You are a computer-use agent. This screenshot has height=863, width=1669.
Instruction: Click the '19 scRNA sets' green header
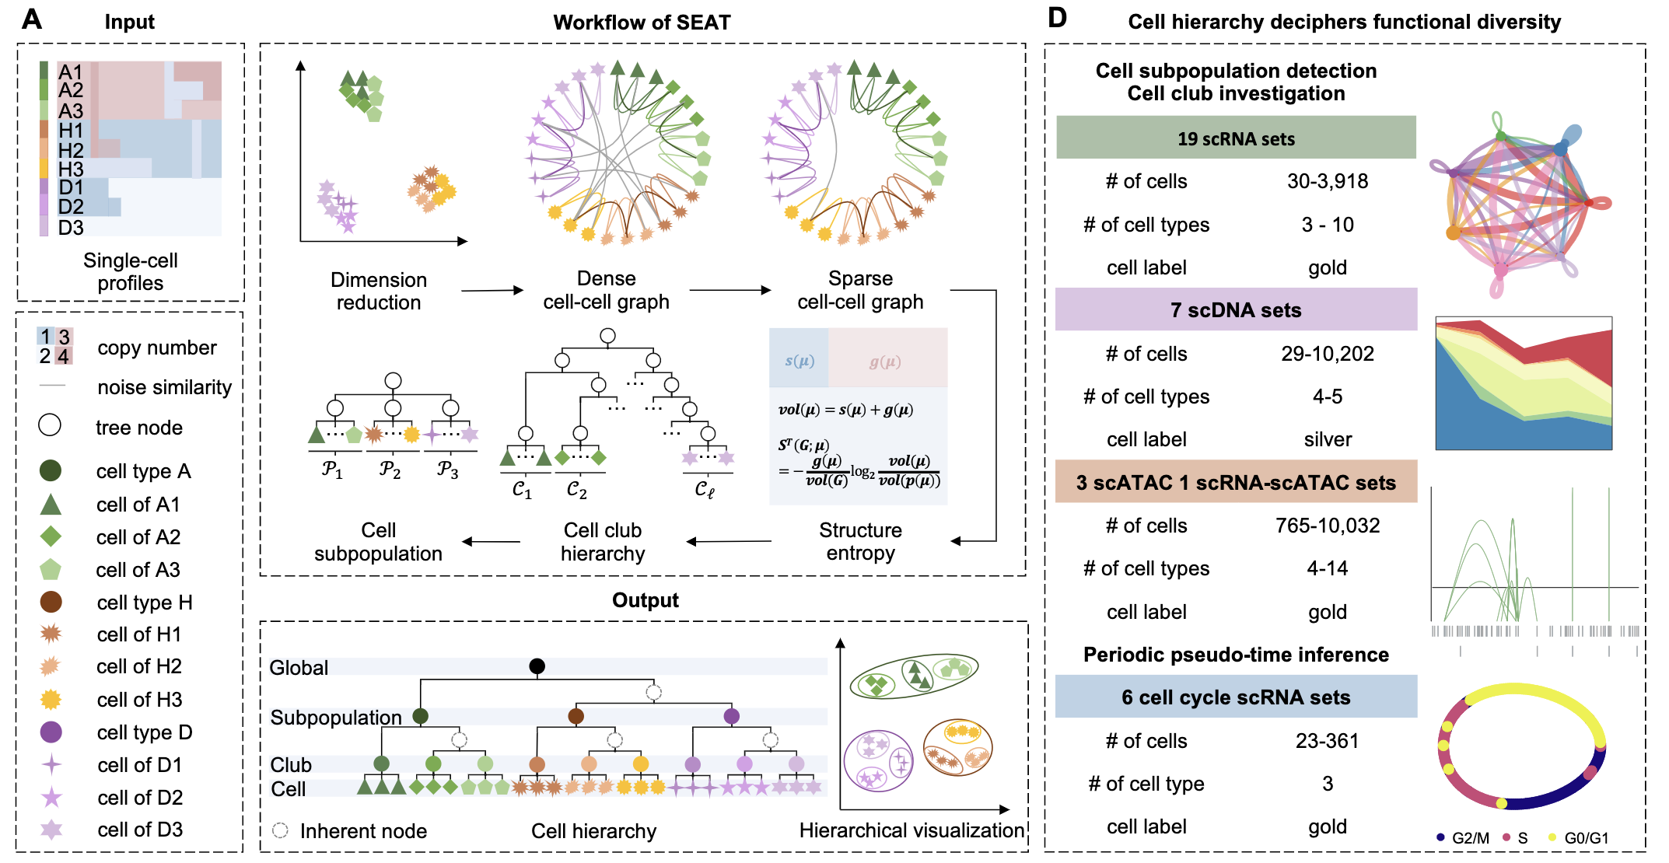(1236, 138)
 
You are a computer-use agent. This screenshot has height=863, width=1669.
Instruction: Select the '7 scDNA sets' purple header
(1236, 309)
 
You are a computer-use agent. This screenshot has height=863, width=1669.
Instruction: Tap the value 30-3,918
(1328, 181)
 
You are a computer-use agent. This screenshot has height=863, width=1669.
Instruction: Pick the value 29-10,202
(1328, 354)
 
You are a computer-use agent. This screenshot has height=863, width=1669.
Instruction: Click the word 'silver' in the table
(1328, 439)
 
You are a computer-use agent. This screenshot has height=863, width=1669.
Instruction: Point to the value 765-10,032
(1328, 526)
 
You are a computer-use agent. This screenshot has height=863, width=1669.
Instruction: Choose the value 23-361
(1327, 741)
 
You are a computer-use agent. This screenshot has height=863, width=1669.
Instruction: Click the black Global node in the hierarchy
(537, 666)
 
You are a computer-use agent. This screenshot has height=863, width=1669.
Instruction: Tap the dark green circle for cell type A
(51, 470)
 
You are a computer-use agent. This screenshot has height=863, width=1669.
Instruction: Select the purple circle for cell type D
(51, 732)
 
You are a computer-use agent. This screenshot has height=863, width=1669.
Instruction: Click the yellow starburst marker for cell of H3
(51, 699)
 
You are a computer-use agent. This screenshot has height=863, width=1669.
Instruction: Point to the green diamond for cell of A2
(51, 536)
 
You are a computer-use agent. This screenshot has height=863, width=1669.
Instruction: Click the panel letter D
(1057, 18)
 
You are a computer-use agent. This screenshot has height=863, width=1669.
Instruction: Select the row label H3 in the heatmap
(70, 169)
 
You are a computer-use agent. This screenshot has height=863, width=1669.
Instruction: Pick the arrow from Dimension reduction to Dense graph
(492, 291)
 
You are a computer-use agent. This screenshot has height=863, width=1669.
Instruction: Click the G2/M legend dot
(1440, 837)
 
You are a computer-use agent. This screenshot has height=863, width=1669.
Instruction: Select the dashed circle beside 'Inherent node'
(280, 830)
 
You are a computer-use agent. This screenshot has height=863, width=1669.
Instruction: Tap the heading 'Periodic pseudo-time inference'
(1236, 655)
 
